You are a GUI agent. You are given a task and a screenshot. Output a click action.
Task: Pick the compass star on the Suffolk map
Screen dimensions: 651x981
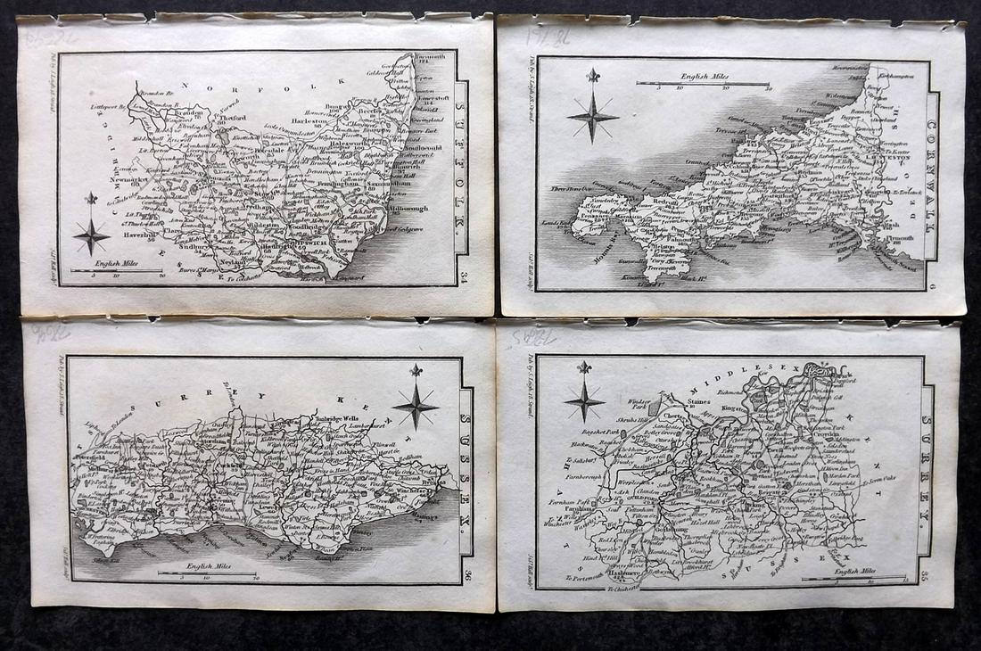pos(91,235)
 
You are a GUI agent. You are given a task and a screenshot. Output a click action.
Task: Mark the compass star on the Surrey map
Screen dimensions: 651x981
pos(584,398)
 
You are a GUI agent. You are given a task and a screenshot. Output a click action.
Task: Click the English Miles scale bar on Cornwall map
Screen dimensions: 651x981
pos(703,84)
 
